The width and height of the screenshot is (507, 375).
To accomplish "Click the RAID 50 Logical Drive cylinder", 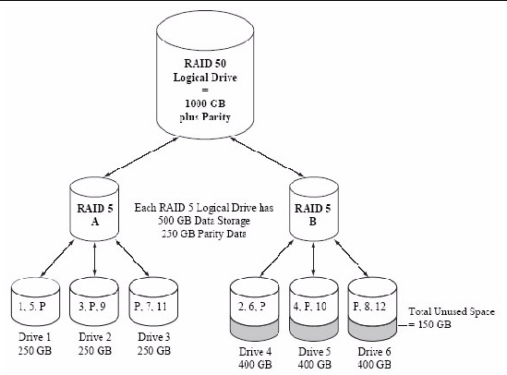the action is coord(205,74).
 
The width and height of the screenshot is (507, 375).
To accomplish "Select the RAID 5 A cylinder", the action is coord(94,210).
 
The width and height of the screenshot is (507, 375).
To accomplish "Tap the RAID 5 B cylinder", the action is coord(313,210).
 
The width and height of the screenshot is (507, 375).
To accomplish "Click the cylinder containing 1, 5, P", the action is coord(35,302).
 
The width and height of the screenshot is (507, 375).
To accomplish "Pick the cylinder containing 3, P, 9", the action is coord(94,302).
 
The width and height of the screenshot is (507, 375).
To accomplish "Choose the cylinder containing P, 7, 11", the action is coord(153,302).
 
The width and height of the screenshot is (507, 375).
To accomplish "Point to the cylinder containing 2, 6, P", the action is coord(254,309).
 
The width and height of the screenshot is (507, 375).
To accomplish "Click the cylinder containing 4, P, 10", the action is coord(314,309).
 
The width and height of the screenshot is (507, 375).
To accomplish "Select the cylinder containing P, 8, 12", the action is coord(372,309).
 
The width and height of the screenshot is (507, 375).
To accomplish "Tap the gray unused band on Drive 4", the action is coord(254,331).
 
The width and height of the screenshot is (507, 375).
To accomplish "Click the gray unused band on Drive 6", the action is coord(372,331).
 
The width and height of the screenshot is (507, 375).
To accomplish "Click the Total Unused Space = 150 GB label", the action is coord(452,318).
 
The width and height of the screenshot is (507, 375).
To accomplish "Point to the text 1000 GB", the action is coord(205,103).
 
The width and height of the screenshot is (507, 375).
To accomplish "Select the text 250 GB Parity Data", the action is coord(204,234).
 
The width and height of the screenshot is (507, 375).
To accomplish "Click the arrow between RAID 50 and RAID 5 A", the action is coord(140,157).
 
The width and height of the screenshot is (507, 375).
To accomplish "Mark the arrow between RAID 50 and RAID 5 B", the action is coord(267,157).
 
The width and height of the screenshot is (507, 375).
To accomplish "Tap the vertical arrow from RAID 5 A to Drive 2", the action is coord(94,260).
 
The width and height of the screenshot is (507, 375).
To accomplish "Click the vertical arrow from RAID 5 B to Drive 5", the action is coord(313,260).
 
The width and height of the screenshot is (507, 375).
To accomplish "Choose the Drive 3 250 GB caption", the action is coord(154,344).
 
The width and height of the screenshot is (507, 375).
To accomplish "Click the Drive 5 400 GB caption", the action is coord(315,357).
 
